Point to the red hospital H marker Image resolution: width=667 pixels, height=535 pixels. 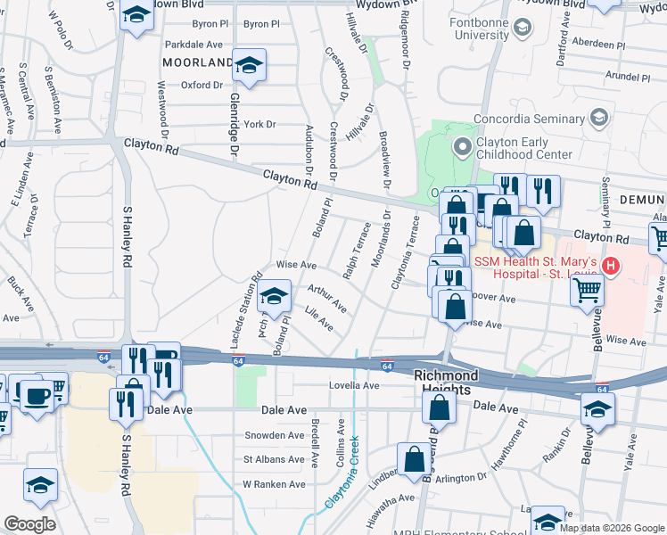tap(611, 265)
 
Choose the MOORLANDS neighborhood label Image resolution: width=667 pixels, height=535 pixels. tap(197, 62)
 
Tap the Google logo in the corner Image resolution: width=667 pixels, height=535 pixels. tap(29, 523)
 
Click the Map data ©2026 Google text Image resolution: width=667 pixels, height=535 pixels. tap(612, 528)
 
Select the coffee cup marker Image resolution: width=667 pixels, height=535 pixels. tap(36, 394)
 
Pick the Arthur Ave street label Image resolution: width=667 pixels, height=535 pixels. tap(327, 299)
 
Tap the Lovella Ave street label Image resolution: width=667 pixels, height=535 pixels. tap(354, 386)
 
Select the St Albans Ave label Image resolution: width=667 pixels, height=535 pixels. tap(274, 459)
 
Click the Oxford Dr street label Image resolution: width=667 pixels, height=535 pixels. tap(202, 86)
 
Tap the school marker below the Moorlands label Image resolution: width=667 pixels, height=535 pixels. tap(250, 65)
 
